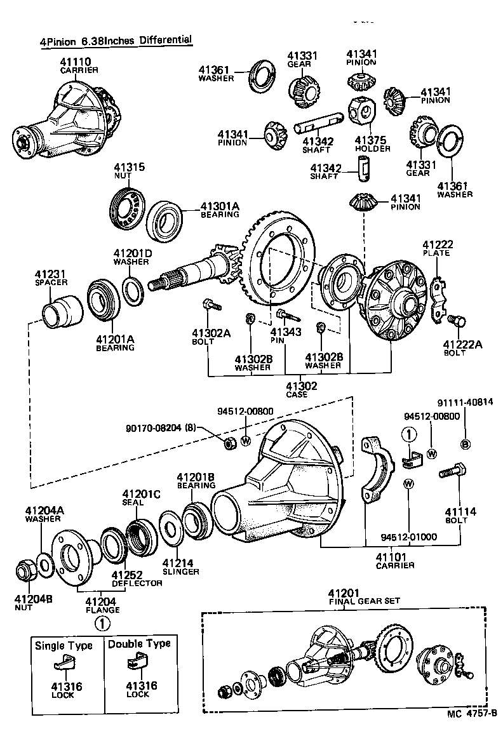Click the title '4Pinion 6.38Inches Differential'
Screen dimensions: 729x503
click(x=116, y=41)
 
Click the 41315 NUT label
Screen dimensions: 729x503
click(x=130, y=171)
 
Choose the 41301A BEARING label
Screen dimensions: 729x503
click(x=220, y=210)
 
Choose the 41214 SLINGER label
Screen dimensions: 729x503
click(x=180, y=566)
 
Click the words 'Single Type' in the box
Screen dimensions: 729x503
click(x=64, y=645)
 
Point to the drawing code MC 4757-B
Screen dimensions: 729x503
click(x=471, y=713)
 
